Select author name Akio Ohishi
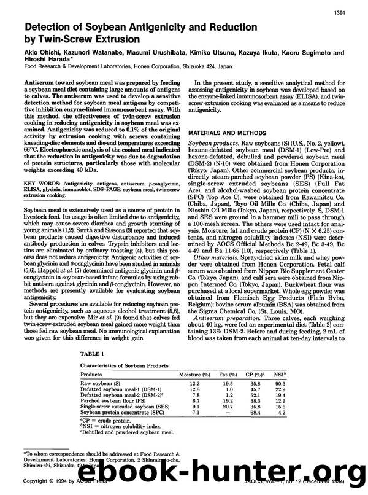44,53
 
